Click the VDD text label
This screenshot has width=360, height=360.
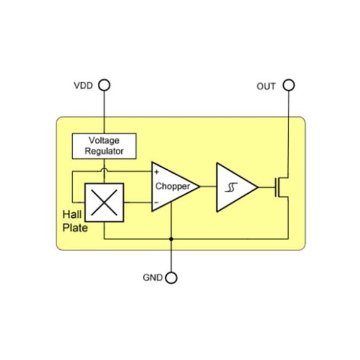83,86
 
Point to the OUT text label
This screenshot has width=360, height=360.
266,86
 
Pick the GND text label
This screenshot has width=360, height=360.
153,278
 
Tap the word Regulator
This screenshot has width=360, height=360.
104,151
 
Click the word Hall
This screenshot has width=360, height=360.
72,214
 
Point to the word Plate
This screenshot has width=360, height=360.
75,228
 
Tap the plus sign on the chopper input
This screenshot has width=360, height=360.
156,172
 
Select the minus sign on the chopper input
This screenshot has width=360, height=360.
156,202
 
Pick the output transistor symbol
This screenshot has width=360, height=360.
282,187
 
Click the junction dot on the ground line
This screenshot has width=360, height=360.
171,239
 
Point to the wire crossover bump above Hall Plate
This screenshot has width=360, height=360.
104,170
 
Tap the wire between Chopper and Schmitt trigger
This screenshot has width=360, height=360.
208,186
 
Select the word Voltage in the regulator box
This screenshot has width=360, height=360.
104,140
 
